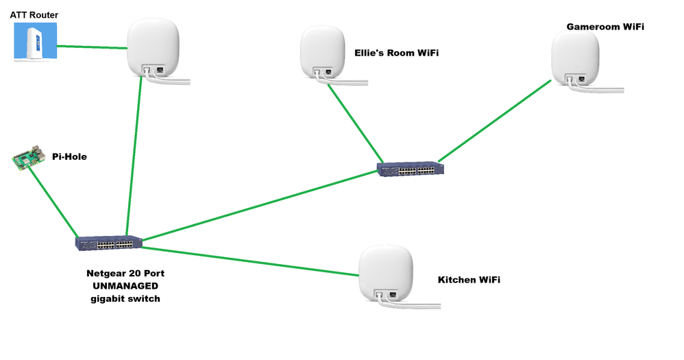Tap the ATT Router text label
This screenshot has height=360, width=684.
34,14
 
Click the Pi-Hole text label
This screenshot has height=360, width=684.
69,157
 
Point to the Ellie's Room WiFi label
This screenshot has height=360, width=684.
396,52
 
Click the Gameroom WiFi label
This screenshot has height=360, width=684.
605,26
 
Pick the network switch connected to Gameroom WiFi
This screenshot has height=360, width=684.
411,169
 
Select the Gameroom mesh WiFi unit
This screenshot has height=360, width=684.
576,56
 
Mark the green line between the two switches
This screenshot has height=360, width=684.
260,204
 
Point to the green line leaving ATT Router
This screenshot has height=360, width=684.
92,47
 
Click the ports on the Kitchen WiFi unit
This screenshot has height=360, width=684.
385,296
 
